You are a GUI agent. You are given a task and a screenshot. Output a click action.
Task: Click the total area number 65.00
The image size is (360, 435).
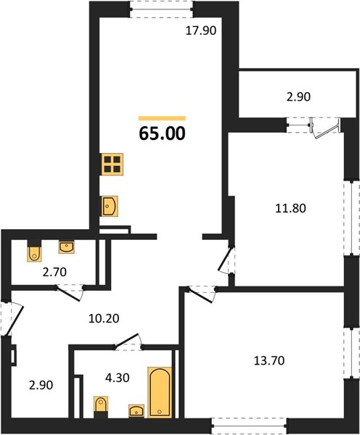tap(162, 133)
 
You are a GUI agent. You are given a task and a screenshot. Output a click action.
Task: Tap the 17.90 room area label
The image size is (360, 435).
tap(200, 30)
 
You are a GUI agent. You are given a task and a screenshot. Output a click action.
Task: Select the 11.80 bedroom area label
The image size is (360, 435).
tap(290, 208)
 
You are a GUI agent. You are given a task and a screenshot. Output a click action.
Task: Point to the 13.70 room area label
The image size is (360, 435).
tap(269, 360)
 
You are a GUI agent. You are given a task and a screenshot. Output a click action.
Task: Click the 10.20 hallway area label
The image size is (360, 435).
tap(104, 318)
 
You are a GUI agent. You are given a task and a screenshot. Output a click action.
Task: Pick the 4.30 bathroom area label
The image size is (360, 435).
tap(118, 378)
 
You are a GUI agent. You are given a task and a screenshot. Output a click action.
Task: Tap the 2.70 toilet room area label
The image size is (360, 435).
tap(54, 272)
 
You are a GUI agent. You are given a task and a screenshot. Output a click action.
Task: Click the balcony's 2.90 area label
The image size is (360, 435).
tap(298, 97)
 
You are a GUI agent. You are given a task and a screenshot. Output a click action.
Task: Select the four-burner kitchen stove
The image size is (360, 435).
tap(112, 165)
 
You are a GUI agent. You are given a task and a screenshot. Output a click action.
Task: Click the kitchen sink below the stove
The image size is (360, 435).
tap(110, 206)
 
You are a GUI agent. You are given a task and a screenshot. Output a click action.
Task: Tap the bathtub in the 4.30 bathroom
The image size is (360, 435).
tap(160, 392)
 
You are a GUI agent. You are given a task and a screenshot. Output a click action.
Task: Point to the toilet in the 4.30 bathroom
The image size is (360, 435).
tap(101, 407)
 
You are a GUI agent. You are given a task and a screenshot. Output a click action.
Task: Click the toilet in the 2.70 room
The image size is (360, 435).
tap(34, 251)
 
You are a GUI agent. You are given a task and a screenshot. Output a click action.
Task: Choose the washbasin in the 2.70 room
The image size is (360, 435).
tap(66, 247)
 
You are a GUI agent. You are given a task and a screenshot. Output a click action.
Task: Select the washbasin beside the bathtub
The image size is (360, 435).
tap(136, 411)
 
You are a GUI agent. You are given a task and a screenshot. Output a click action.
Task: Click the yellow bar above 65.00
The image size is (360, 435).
tap(162, 118)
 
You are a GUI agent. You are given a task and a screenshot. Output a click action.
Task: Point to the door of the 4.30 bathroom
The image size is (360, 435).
tap(128, 341)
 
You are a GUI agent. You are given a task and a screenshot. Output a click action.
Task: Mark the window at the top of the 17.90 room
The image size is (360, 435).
tap(162, 9)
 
